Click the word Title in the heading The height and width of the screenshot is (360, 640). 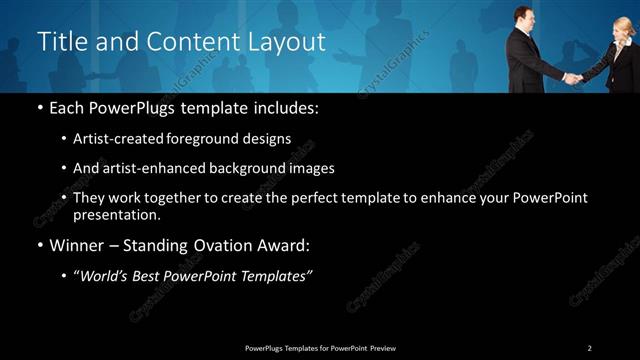tap(59, 42)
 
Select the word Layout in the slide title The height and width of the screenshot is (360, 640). tap(289, 42)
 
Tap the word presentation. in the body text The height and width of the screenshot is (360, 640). tap(116, 215)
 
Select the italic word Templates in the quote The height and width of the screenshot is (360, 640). tap(277, 277)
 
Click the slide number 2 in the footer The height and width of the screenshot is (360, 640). tap(589, 347)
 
